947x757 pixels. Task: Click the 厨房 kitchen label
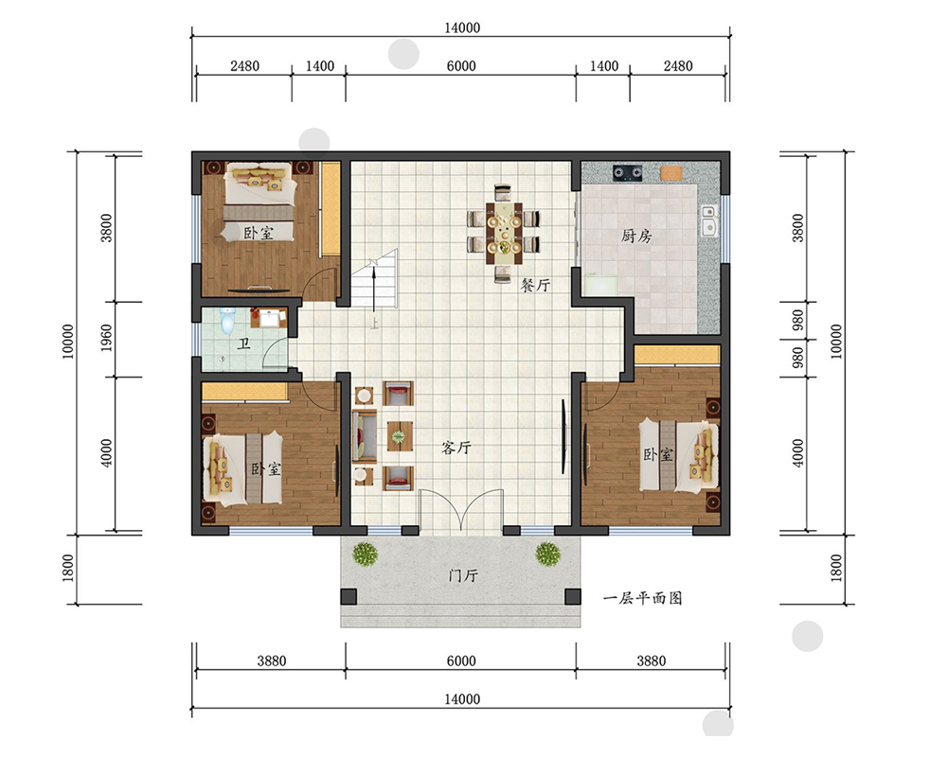(x=636, y=236)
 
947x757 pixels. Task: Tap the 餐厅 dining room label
(x=536, y=284)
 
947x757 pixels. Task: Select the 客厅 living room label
(x=456, y=448)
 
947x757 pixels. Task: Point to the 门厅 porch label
(x=463, y=575)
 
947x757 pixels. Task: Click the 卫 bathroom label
(x=244, y=343)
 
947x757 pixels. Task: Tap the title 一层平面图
(x=643, y=598)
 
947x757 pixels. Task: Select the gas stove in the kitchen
(x=628, y=173)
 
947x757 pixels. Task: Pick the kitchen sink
(x=708, y=220)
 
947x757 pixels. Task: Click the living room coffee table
(x=400, y=436)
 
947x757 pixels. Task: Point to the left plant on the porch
(x=365, y=554)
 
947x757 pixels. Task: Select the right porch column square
(x=573, y=596)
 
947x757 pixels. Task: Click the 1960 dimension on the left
(x=106, y=338)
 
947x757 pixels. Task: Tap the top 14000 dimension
(x=462, y=27)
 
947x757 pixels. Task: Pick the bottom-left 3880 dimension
(x=271, y=660)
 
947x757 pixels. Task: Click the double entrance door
(x=461, y=510)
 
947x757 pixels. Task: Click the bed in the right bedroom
(x=679, y=454)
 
